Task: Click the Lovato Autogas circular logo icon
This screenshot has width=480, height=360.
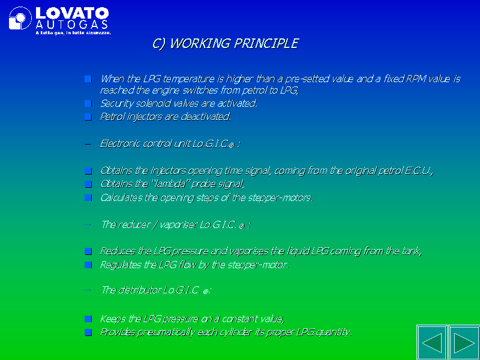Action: click(x=20, y=18)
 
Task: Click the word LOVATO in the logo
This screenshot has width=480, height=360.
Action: click(x=72, y=13)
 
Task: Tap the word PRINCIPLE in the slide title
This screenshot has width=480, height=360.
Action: click(x=266, y=43)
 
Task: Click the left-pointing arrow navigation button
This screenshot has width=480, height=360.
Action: click(x=432, y=343)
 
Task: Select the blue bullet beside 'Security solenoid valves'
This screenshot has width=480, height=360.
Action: click(x=88, y=103)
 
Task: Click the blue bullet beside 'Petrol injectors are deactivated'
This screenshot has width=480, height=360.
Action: click(x=88, y=117)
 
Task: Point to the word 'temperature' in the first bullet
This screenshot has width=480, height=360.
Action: click(x=188, y=79)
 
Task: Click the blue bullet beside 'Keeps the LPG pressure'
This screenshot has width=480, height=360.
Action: click(x=88, y=319)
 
